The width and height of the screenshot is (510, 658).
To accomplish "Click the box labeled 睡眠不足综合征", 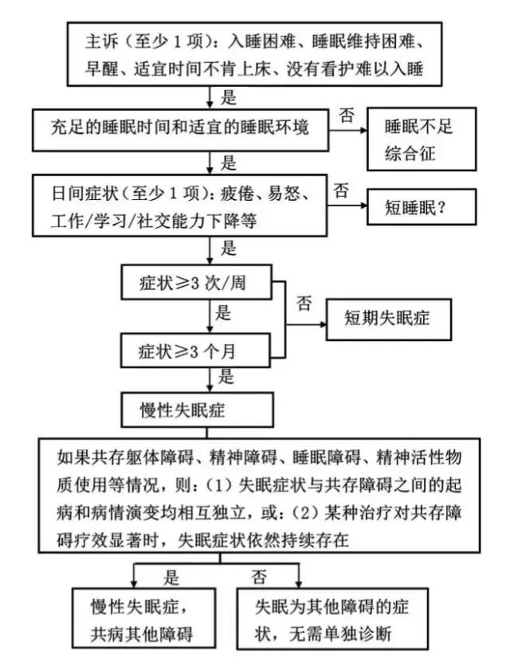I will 421,139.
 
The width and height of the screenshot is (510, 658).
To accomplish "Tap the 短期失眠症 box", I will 388,319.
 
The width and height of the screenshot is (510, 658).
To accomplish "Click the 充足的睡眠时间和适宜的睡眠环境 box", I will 182,127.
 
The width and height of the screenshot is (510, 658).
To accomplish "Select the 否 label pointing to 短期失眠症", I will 304,303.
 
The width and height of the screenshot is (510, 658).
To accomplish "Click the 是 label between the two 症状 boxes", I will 225,314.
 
